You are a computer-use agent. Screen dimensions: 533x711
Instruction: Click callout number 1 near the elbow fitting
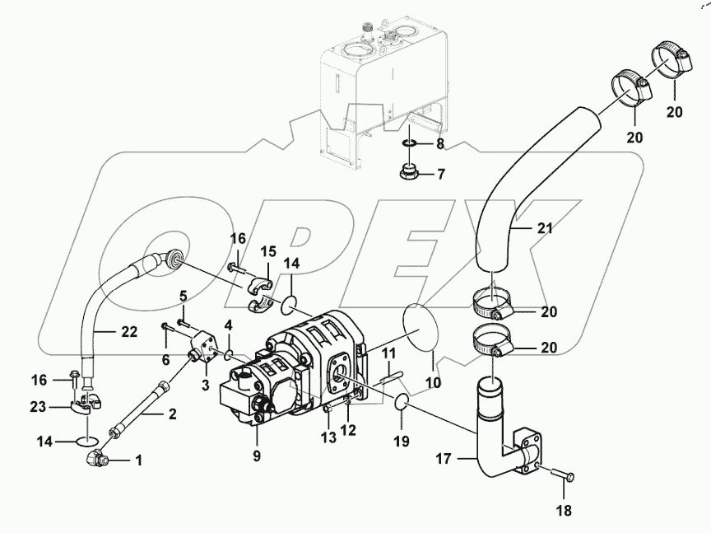[x=138, y=461]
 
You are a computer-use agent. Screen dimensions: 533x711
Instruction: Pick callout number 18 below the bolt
[x=563, y=512]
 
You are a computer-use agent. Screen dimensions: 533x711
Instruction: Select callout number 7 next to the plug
[x=439, y=175]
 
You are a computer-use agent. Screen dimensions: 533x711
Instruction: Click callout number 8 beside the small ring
[x=439, y=143]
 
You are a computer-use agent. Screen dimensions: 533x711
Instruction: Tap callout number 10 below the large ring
[x=432, y=383]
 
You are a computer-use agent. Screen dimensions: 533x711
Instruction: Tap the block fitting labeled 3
[x=203, y=348]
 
